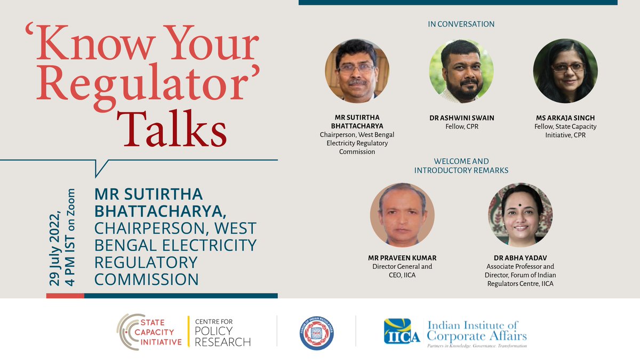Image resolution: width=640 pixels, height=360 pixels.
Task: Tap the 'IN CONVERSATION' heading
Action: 461,24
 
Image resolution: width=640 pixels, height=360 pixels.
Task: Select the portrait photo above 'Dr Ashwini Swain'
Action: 461,71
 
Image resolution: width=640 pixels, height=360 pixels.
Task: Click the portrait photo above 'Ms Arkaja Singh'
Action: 565,71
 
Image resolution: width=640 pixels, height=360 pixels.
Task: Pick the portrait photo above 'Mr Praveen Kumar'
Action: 402,215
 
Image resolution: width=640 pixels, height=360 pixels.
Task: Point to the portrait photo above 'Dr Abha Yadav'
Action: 521,215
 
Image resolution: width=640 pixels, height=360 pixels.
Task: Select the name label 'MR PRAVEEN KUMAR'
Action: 402,258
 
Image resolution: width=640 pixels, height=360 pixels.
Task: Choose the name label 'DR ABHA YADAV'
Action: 521,258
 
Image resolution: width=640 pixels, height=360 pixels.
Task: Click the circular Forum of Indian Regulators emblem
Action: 317,333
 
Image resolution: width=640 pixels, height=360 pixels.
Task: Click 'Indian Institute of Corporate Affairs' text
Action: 477,330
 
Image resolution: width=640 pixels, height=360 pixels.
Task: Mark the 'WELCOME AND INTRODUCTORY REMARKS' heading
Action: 461,165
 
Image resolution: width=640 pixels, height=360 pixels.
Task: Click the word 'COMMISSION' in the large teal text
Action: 146,279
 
